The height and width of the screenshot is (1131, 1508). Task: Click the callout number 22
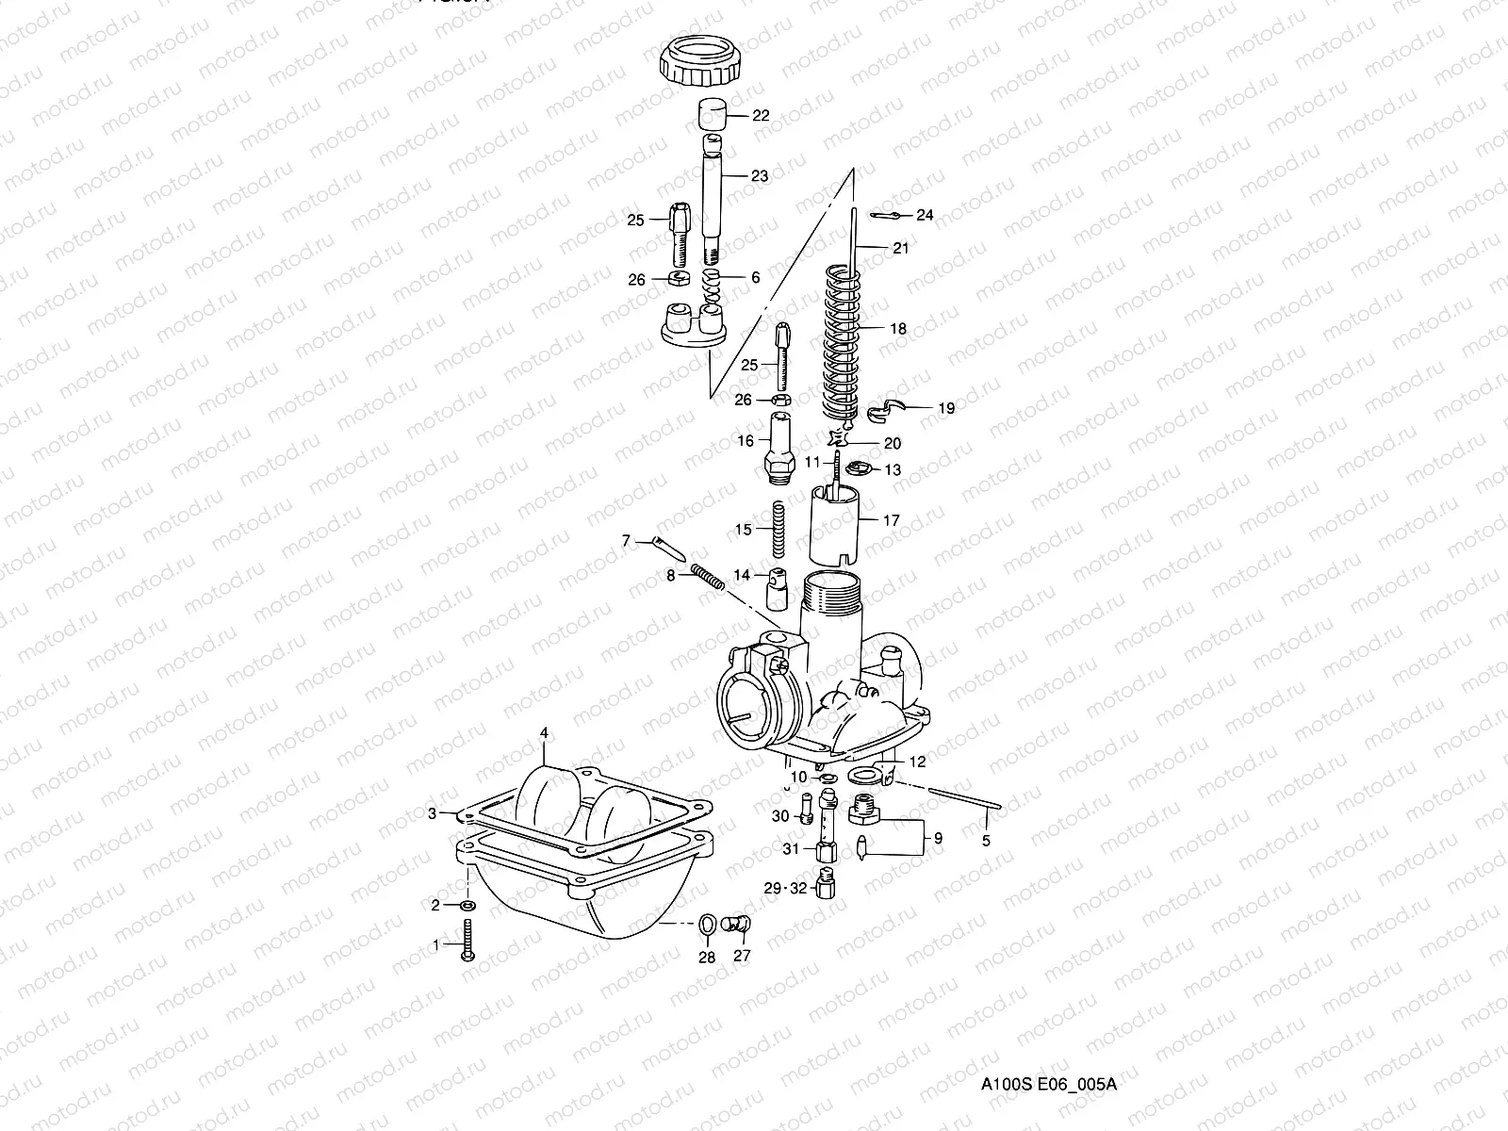(x=760, y=116)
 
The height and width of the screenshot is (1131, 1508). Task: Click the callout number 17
(x=891, y=520)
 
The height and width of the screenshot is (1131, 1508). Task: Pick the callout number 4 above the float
(x=543, y=732)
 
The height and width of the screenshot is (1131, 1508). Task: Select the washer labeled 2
(x=467, y=906)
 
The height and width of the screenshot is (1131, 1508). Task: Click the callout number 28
(x=706, y=958)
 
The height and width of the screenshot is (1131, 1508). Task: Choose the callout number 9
(x=937, y=837)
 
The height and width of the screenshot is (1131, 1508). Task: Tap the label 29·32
(x=785, y=889)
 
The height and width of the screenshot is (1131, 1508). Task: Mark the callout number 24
(x=925, y=216)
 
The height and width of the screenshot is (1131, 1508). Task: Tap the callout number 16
(x=746, y=441)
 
